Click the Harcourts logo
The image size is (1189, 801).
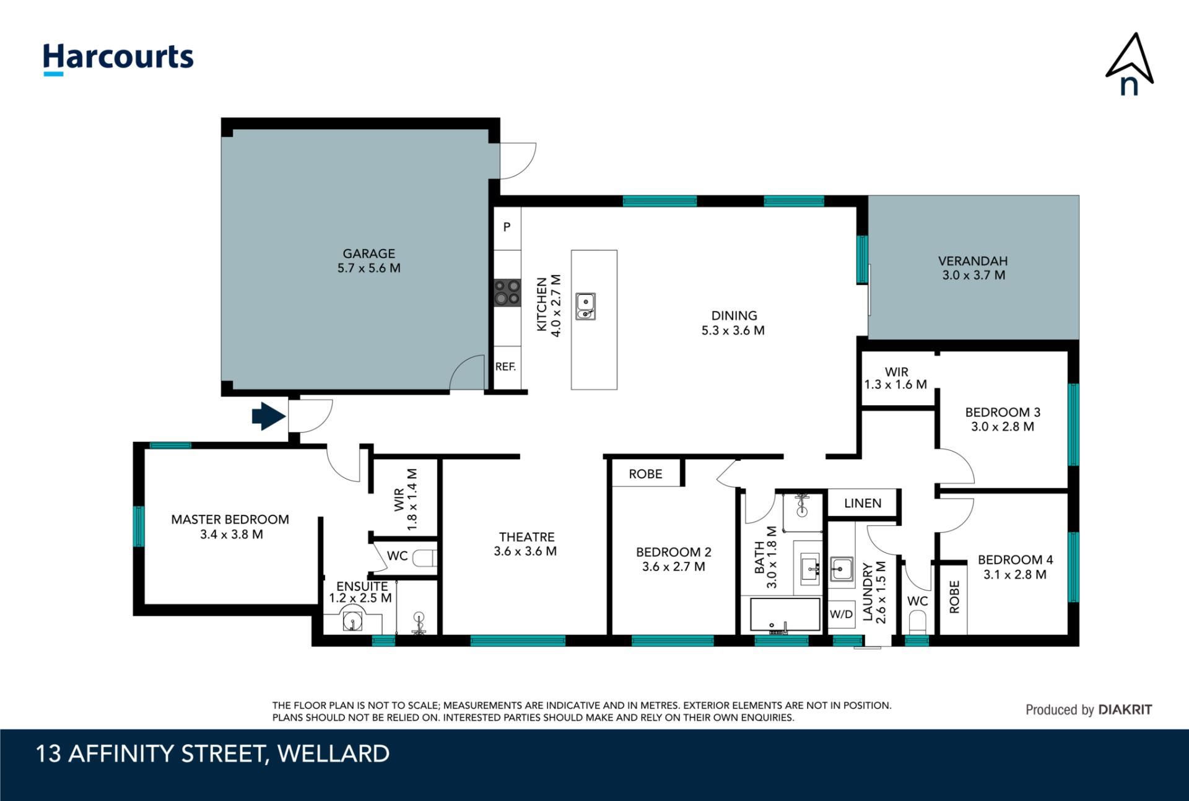point(118,59)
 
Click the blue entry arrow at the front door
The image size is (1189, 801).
point(269,416)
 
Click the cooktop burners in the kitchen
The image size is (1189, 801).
point(507,293)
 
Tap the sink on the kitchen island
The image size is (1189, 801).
point(585,307)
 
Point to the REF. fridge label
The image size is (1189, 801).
point(505,367)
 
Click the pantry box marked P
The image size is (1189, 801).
point(507,228)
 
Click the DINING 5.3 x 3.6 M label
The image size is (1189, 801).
point(733,323)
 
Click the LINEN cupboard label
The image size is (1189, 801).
point(863,503)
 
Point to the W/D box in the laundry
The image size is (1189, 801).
point(841,615)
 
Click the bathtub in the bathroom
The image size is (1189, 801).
point(785,615)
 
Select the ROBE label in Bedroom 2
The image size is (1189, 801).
point(645,474)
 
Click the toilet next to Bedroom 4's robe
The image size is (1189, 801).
point(917,621)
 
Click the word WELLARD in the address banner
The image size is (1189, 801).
point(333,754)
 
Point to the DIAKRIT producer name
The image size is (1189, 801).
point(1125,710)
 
